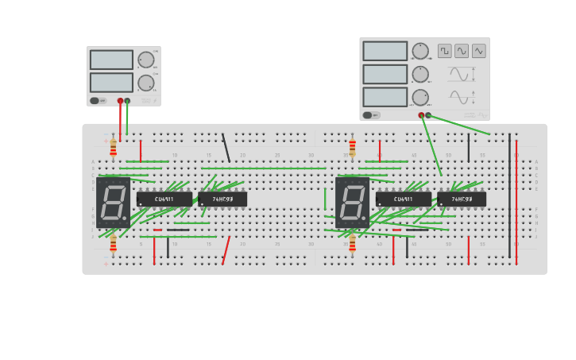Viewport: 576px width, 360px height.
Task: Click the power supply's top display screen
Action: coord(111,60)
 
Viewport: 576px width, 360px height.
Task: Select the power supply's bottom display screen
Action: coord(111,83)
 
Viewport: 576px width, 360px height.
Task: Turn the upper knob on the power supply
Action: coord(146,60)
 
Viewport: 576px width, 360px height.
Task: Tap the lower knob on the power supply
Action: coord(146,83)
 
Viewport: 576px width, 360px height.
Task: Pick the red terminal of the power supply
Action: coord(120,101)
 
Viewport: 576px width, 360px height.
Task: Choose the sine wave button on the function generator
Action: coord(462,51)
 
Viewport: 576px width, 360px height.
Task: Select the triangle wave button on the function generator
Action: coord(479,51)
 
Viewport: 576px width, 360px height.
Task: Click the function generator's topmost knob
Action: coord(420,51)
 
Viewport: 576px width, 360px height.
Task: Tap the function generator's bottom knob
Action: coord(420,97)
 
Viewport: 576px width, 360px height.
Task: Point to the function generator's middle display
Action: coord(385,74)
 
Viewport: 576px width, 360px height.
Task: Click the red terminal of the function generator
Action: coord(421,115)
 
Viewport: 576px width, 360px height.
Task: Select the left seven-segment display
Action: coord(113,203)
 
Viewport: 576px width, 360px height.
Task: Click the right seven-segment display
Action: coord(352,203)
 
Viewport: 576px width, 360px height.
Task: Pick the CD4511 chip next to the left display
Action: coord(164,199)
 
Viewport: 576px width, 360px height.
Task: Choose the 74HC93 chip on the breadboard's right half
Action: coord(462,199)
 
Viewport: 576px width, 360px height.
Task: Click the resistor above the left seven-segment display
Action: coord(113,148)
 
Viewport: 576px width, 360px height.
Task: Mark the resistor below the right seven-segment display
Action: coord(352,242)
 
